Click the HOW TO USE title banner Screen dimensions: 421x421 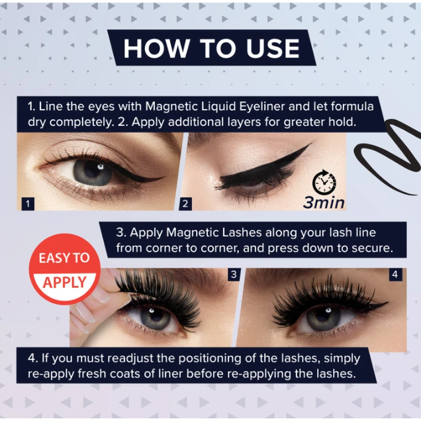[210, 48]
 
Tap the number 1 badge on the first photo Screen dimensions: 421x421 [28, 203]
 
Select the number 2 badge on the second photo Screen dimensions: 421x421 [185, 203]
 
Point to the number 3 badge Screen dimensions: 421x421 [233, 274]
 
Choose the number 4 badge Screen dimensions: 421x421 [395, 274]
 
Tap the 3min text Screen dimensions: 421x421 [324, 203]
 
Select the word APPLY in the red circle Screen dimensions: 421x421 [65, 283]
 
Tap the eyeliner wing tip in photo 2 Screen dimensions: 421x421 [308, 146]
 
